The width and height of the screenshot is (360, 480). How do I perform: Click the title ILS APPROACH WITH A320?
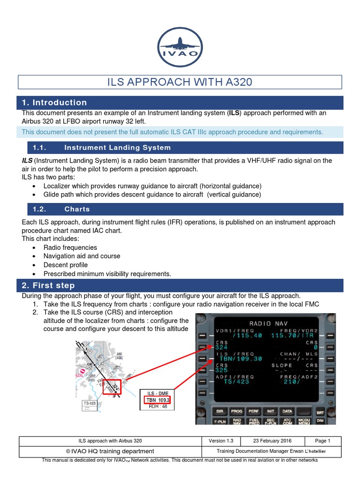180,82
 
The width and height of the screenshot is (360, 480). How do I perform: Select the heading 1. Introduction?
54,103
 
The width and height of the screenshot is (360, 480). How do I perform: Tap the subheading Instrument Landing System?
117,148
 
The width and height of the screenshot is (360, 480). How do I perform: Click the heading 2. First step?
48,285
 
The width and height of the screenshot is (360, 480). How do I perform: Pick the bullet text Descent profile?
66,265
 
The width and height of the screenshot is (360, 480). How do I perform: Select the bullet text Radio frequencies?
70,247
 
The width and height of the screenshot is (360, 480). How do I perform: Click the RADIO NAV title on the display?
266,323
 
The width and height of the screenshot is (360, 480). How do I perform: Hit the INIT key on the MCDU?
270,411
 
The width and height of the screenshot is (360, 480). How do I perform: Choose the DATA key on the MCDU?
287,411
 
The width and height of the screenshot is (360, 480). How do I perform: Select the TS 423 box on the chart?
90,403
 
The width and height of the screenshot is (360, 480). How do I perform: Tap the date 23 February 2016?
272,441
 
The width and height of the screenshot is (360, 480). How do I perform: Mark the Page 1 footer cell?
323,441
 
